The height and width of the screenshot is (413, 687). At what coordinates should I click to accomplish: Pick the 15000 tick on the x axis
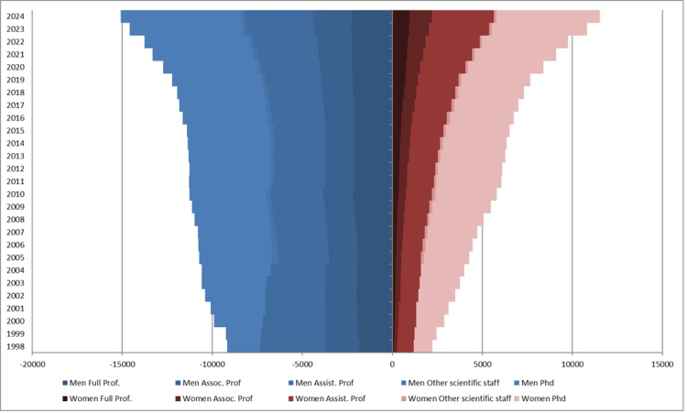662,364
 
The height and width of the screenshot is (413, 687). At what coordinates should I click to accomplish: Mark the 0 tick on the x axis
392,364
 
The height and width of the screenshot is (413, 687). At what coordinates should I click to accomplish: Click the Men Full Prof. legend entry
100,383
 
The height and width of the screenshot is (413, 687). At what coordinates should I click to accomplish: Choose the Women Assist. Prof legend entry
330,398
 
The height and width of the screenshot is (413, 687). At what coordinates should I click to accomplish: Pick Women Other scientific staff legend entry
455,398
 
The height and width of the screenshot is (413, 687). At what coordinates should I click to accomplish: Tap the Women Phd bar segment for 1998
422,347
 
